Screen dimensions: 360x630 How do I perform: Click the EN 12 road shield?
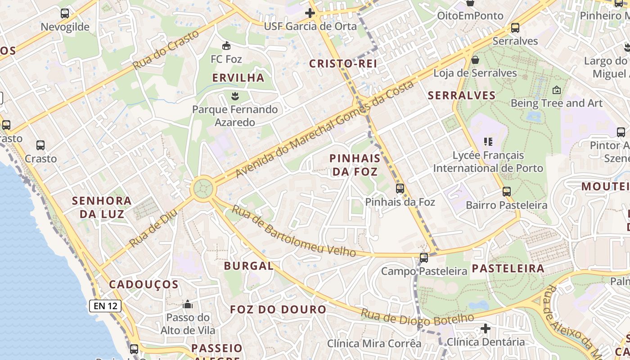click(105, 306)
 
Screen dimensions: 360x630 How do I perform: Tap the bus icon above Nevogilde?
click(65, 13)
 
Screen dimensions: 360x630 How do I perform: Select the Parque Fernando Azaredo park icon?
click(234, 95)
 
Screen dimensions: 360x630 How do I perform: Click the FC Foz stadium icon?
click(226, 45)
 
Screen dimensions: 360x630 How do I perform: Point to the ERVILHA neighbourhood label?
click(238, 78)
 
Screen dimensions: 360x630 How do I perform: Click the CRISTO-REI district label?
click(343, 64)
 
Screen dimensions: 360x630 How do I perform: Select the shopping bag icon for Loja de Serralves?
click(475, 59)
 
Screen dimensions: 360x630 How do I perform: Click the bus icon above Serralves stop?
click(515, 28)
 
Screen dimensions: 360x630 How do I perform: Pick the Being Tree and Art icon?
click(556, 90)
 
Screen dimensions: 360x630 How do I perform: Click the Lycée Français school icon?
click(488, 142)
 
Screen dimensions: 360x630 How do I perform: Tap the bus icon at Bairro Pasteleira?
click(507, 192)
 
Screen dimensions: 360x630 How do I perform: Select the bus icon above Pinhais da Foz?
click(400, 189)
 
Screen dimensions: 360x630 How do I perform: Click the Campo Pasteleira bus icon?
click(424, 258)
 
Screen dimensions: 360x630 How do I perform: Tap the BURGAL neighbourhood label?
click(248, 266)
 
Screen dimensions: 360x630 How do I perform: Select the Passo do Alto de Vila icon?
click(188, 305)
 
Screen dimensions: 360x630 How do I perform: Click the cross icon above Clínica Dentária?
click(485, 328)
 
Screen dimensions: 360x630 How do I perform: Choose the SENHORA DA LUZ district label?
click(102, 207)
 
